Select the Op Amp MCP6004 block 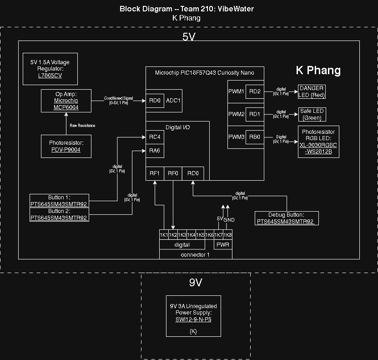[x=66, y=101]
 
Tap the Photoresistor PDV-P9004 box [x=66, y=146]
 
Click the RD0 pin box [x=155, y=101]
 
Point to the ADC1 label [x=173, y=101]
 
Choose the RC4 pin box [x=155, y=137]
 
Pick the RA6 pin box [x=155, y=151]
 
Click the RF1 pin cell [x=155, y=173]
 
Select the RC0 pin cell [x=193, y=173]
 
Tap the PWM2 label [x=237, y=114]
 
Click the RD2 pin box [x=255, y=91]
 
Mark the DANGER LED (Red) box [x=312, y=91]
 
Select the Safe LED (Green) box [x=312, y=114]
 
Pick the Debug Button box [x=286, y=218]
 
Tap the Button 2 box [x=59, y=214]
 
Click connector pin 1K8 [x=227, y=235]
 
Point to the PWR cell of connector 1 [x=223, y=245]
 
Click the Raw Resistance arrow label [x=82, y=126]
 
